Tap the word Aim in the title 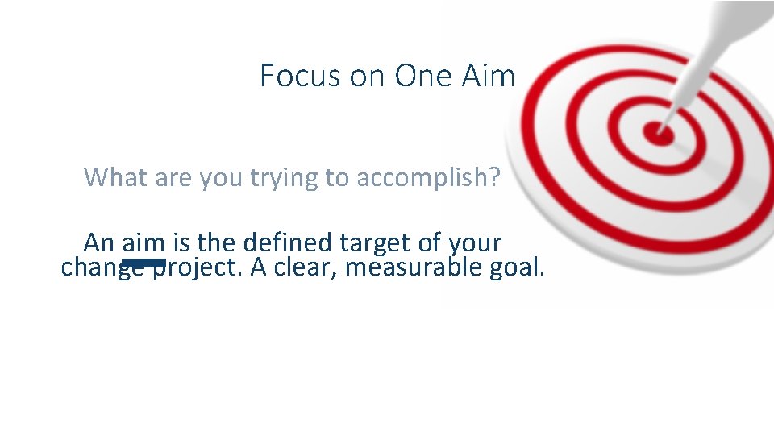point(488,77)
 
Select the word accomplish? point(428,178)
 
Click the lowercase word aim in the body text point(143,242)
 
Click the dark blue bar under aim point(144,263)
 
